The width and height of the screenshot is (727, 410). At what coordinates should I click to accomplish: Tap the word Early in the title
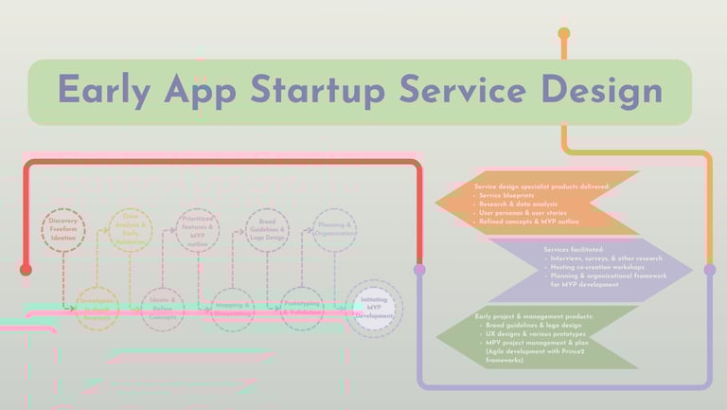coord(105,91)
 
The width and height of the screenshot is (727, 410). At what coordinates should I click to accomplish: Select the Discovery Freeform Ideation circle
coord(63,230)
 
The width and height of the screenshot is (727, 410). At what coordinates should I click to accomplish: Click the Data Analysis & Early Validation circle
coord(131,230)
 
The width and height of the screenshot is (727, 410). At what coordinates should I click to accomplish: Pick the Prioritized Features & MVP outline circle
coord(197,230)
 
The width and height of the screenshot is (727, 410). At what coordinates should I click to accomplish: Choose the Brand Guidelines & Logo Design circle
coord(267,230)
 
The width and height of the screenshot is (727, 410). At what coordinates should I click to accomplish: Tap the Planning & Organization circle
coord(335,230)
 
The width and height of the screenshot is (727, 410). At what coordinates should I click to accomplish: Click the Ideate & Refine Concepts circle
coord(163,308)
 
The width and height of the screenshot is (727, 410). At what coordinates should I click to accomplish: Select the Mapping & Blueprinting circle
coord(233,309)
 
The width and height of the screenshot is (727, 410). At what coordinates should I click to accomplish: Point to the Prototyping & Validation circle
coord(301,309)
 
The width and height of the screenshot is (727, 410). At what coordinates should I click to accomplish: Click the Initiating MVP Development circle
coord(374,308)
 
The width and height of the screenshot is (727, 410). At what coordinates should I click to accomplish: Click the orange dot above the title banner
coord(564,34)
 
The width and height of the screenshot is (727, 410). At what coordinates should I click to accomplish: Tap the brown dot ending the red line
coord(26,270)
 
